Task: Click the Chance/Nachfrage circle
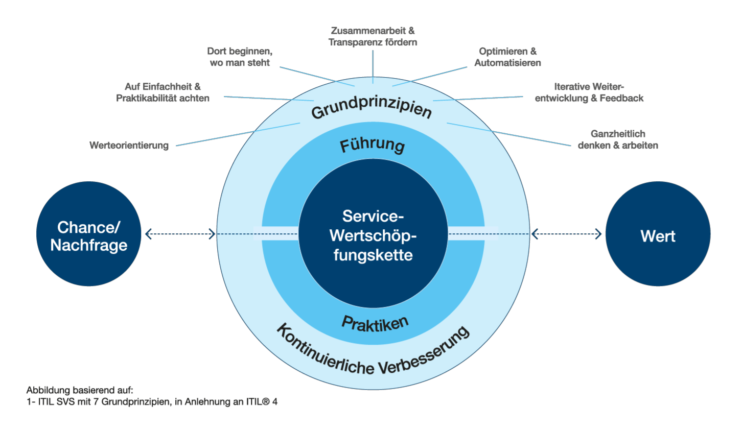[x=88, y=234]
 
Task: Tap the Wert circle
[x=658, y=234]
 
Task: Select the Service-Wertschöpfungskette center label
[x=373, y=235]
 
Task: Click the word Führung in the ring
[x=373, y=145]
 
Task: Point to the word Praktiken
[x=375, y=324]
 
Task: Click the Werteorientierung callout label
[x=129, y=146]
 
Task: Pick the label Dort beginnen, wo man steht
[x=240, y=57]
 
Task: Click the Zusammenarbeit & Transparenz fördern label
[x=373, y=36]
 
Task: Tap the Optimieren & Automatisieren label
[x=507, y=57]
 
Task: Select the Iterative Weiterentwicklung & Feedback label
[x=589, y=92]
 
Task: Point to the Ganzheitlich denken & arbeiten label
[x=618, y=139]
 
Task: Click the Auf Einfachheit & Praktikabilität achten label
[x=163, y=92]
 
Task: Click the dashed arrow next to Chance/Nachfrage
[x=180, y=234]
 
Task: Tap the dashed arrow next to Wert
[x=566, y=234]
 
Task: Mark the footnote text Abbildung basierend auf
[x=80, y=390]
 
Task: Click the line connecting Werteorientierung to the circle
[x=238, y=134]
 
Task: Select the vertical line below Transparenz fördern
[x=373, y=66]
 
